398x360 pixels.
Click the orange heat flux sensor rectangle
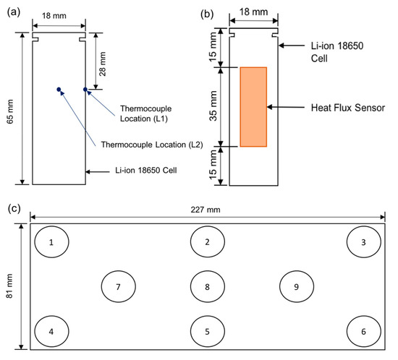click(x=253, y=107)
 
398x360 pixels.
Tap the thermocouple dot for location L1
click(x=85, y=89)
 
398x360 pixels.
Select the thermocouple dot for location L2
click(x=59, y=89)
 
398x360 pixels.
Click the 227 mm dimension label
click(x=206, y=210)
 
